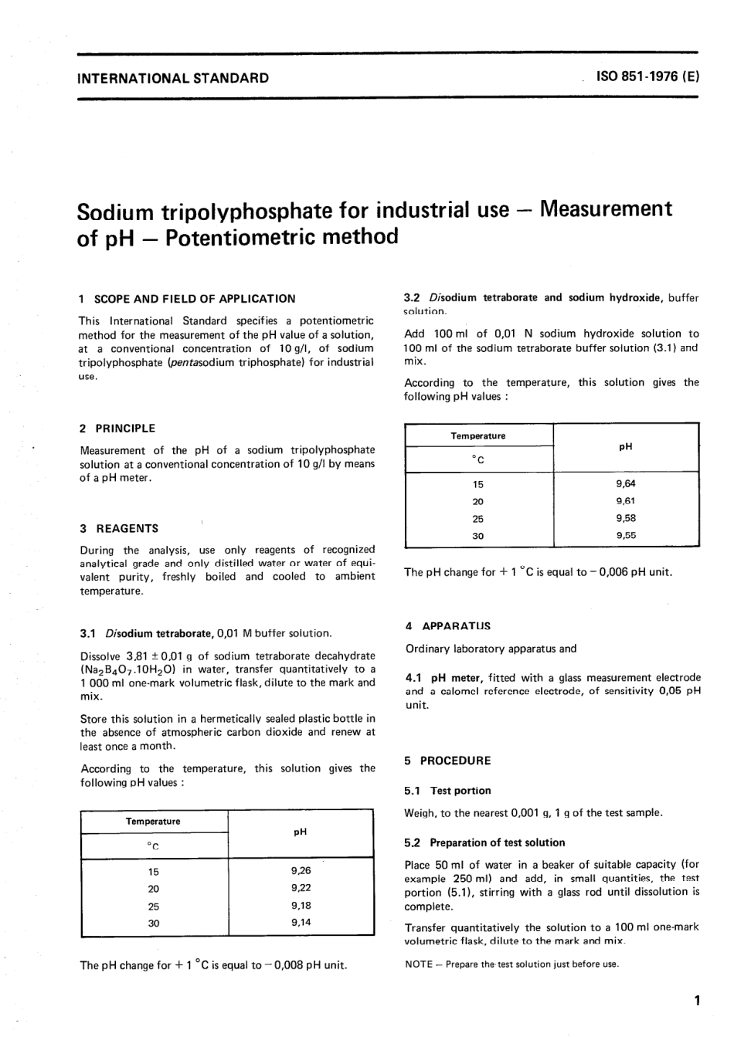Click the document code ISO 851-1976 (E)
point(647,77)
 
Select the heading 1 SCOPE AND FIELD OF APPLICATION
point(188,299)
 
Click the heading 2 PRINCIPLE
point(117,429)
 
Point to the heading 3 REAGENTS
point(119,529)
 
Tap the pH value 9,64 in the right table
point(626,484)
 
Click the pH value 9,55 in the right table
point(626,535)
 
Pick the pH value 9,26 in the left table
point(301,871)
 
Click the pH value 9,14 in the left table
point(301,923)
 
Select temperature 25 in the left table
point(153,907)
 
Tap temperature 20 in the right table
point(477,502)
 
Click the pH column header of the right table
point(626,447)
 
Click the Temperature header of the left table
point(153,822)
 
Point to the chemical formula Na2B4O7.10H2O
point(131,669)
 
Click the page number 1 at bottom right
point(697,1001)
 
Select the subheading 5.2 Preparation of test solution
point(484,842)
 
